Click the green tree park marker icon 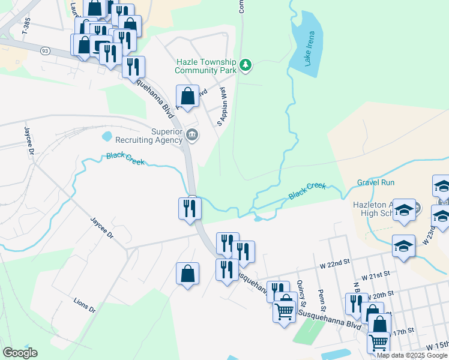(245, 65)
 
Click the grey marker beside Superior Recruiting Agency (192, 134)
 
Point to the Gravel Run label (376, 182)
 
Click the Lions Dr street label (84, 305)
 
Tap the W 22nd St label (334, 263)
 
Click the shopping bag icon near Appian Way (187, 96)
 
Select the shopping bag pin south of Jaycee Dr (187, 274)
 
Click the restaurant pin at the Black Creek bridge (190, 209)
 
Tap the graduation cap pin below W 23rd (403, 246)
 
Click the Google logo (20, 353)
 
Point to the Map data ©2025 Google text (412, 355)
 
